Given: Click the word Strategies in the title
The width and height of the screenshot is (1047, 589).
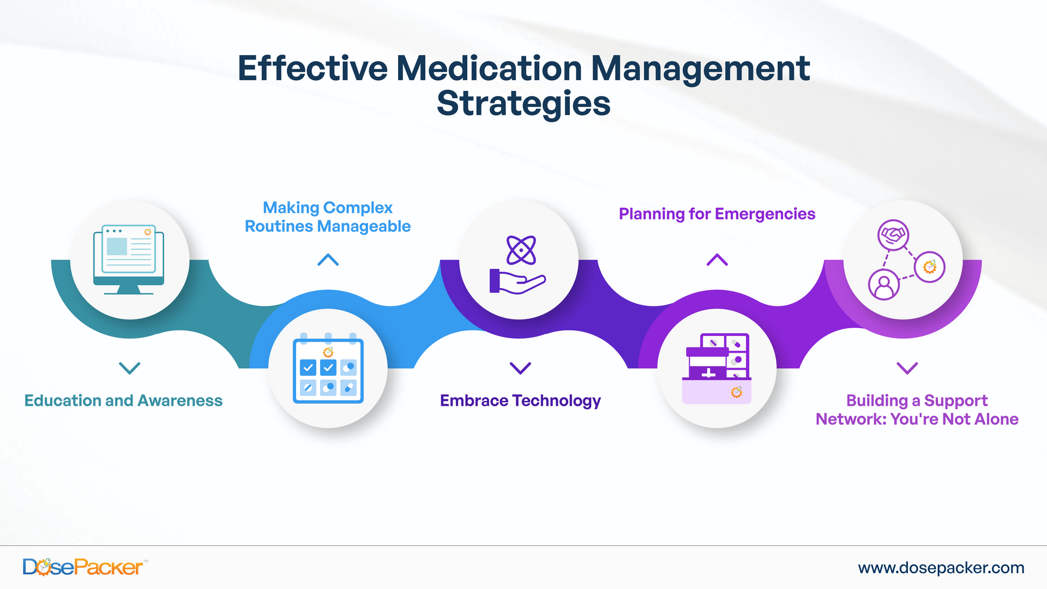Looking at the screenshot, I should pos(523,104).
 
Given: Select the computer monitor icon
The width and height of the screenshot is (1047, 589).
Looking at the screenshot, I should pos(129,260).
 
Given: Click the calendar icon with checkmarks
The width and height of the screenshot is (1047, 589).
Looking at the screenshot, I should pos(328,369).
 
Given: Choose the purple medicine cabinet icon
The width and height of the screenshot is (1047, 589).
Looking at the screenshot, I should pos(717,369).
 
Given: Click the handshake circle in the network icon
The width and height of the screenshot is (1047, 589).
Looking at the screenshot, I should pos(893,235).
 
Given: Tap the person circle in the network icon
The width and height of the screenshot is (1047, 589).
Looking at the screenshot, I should pos(884,285).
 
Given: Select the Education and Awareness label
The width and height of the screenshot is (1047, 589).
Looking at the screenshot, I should pos(123,401).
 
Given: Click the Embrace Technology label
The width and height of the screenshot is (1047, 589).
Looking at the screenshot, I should pos(520,401).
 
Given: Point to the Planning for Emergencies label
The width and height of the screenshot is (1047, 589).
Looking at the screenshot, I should pos(717,214).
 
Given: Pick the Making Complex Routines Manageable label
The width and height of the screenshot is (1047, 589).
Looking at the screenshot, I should pos(328,217).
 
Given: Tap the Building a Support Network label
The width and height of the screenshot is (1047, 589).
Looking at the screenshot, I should pos(917,410).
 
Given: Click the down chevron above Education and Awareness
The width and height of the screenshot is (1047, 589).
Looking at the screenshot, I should pos(130,368).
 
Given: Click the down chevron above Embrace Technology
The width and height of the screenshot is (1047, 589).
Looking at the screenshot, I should pos(520,368).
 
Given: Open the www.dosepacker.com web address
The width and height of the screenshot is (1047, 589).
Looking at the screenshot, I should pos(941,568).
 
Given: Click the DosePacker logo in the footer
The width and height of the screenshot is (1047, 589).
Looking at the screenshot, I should pos(83,567).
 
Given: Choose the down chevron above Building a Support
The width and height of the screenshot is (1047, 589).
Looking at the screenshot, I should pos(907,368).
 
